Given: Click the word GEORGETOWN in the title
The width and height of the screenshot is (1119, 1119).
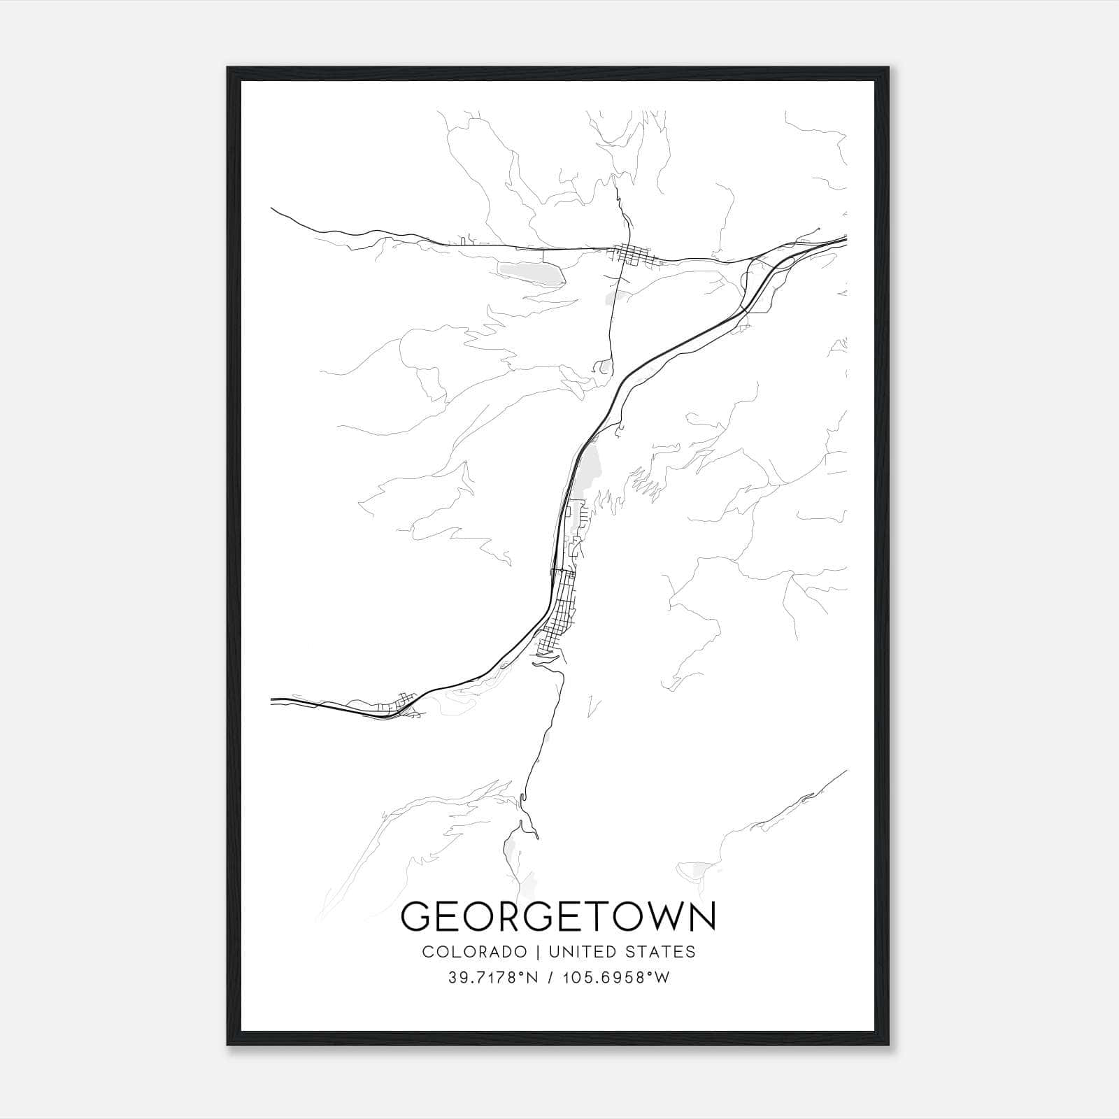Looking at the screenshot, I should [x=558, y=917].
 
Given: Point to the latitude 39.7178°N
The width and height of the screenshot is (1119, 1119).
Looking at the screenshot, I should [x=493, y=978].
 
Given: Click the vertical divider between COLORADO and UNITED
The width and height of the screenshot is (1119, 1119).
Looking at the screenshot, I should [x=538, y=952].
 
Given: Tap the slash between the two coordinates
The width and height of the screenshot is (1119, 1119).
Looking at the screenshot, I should [x=553, y=978].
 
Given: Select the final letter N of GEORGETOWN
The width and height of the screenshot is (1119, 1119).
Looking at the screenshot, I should [x=702, y=917].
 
